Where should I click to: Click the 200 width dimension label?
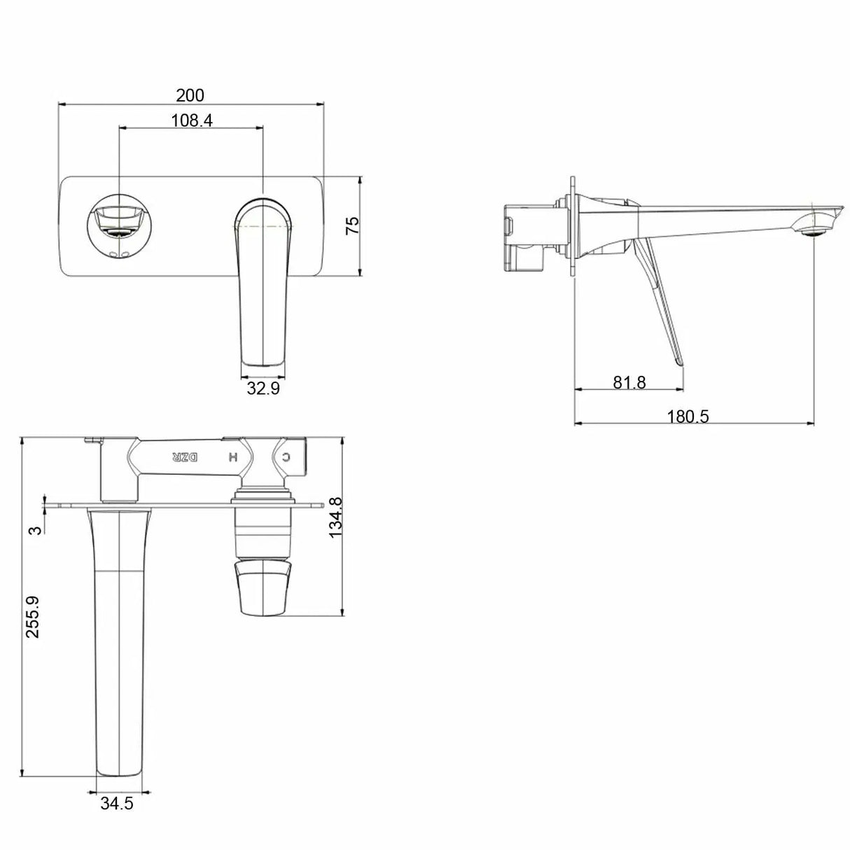coord(190,95)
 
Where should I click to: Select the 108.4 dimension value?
coord(192,120)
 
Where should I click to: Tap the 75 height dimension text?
coord(353,225)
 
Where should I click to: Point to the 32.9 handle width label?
coord(263,388)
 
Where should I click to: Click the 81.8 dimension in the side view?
coord(629,382)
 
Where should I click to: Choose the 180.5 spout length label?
coord(688,417)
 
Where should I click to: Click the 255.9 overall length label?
coord(32,616)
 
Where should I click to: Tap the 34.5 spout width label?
coord(116,804)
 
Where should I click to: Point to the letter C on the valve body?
coord(286,457)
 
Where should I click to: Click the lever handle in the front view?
coord(263,280)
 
